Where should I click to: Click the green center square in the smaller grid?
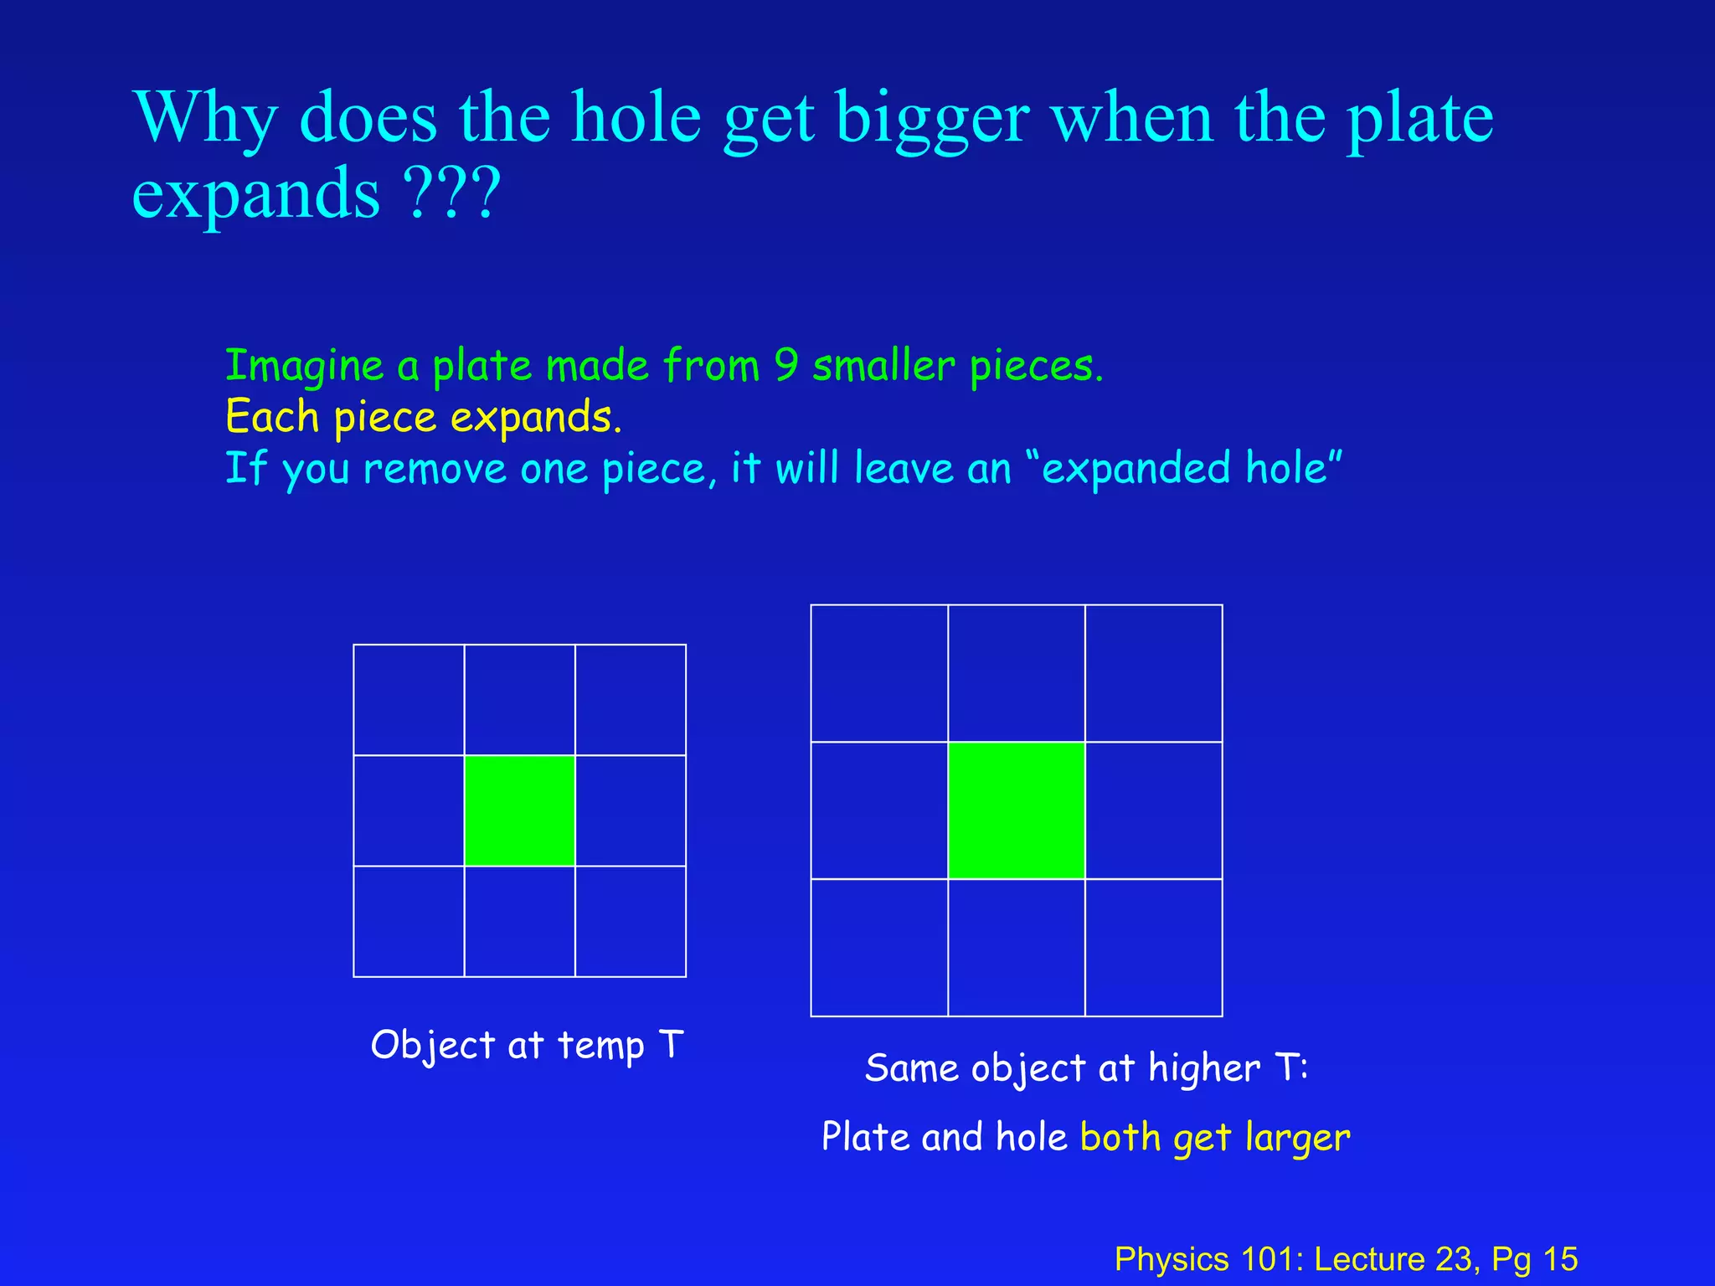[x=519, y=810]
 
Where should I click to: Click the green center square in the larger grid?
[x=1016, y=810]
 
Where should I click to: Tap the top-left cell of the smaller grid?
[x=409, y=700]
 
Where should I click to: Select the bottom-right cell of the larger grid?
[x=1153, y=947]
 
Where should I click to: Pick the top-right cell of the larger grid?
[x=1153, y=673]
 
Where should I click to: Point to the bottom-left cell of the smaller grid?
[x=409, y=921]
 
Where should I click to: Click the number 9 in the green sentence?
[x=786, y=365]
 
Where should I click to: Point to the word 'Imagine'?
[x=304, y=367]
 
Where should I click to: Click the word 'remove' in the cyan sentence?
[x=435, y=469]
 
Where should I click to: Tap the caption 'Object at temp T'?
[x=527, y=1046]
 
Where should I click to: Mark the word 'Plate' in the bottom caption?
[x=865, y=1137]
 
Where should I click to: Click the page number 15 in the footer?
[x=1560, y=1259]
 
